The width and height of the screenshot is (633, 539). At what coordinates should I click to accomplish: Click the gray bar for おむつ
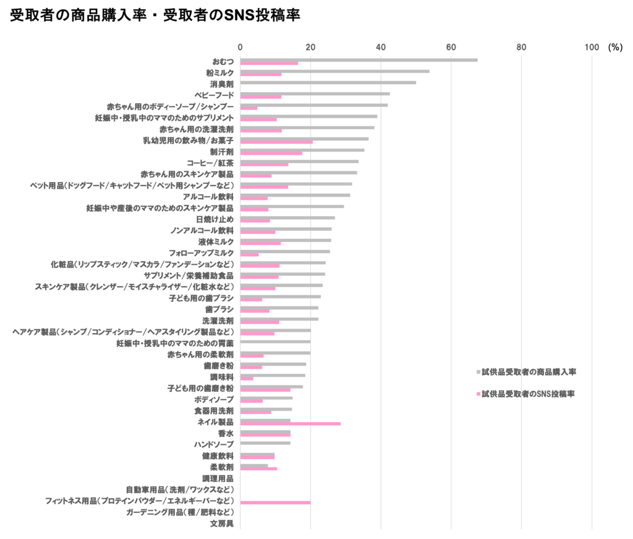coord(359,60)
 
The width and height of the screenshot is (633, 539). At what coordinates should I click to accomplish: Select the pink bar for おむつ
coord(269,64)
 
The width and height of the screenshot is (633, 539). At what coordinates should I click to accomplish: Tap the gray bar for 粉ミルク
coord(334,71)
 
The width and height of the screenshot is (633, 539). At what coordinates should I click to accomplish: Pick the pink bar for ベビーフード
coord(260,97)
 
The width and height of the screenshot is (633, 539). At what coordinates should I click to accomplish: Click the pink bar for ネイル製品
coord(290,424)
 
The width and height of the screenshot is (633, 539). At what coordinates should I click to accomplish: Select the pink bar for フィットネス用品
coord(275,502)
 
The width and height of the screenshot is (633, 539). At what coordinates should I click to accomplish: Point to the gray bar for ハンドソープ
coord(265,442)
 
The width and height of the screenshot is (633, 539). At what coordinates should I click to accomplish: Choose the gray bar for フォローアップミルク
coord(285,251)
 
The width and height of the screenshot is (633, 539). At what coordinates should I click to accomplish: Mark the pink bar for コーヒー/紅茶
coord(264,165)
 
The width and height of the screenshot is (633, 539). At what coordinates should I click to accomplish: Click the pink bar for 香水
coord(265,435)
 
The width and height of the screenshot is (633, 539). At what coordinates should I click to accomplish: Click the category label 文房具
coord(221,524)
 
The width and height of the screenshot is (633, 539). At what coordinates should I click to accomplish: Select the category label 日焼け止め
coord(215,219)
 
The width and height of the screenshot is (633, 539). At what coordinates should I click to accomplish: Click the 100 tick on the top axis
coord(592,47)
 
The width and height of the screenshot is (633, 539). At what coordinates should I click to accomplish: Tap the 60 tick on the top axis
coord(451,47)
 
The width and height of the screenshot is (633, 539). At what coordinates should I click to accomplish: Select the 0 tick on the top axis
coord(240,47)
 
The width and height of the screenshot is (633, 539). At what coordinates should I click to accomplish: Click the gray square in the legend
coord(478,373)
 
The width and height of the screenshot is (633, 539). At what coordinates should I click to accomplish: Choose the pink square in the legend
coord(478,394)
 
